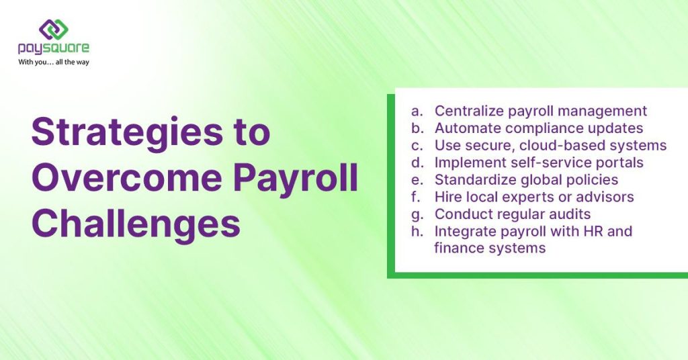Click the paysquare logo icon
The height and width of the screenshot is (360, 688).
coord(54,29)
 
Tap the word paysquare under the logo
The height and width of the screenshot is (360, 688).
coord(54,48)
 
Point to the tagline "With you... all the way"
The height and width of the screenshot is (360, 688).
coord(54,62)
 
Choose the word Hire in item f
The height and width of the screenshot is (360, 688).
coord(447,197)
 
